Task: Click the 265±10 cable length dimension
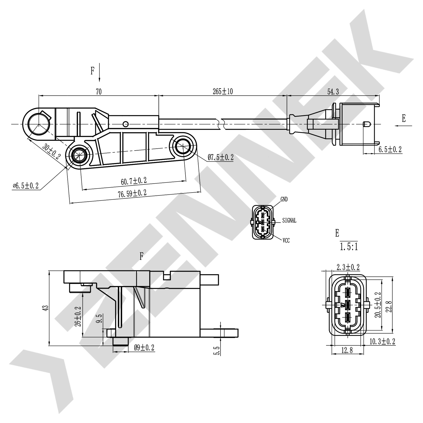coord(222,91)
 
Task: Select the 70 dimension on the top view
coord(98,91)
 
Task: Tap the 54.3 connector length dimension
coord(333,91)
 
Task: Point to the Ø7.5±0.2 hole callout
coord(221,157)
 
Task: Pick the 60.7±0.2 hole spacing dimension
coord(134,181)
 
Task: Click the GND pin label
coord(284,199)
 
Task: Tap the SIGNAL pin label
coord(289,221)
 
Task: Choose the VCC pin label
coord(286,241)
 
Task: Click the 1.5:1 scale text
coord(349,247)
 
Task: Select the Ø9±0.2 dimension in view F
coord(144,347)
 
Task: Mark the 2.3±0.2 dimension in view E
coord(348,267)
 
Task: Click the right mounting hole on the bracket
coord(183,146)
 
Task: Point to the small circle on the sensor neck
coord(126,124)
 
